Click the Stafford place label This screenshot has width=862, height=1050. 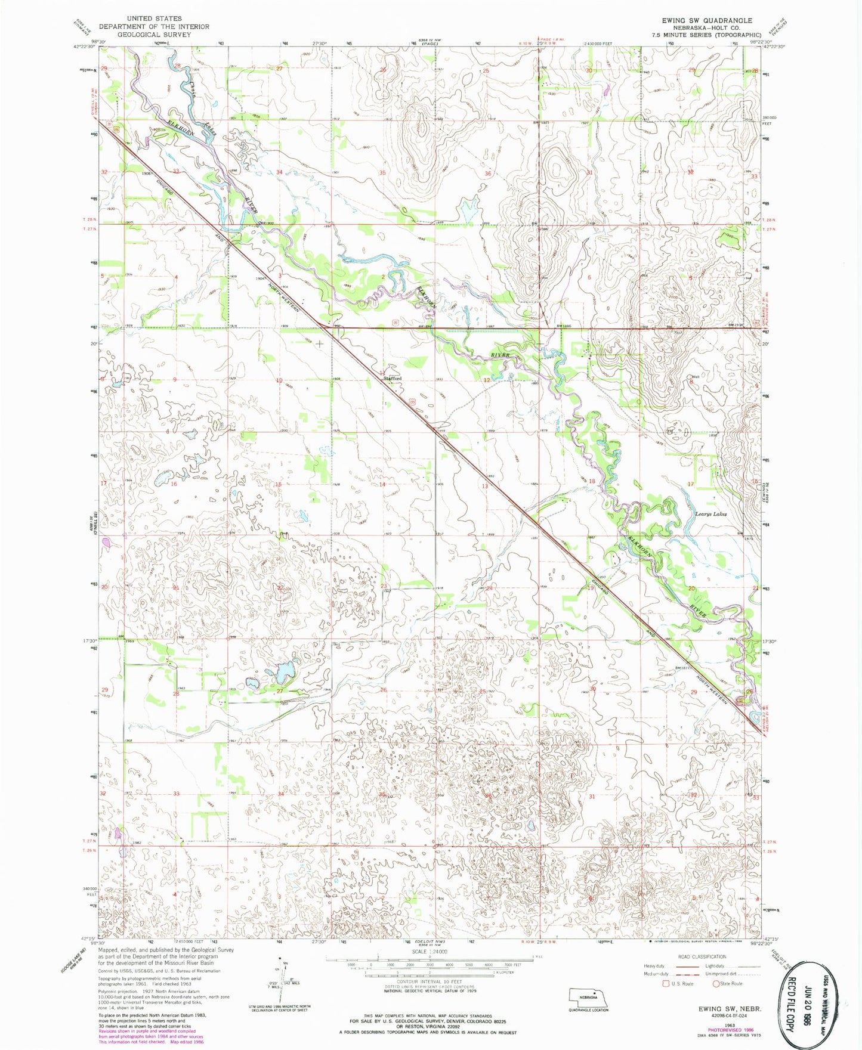393,379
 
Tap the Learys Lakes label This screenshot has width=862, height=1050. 710,513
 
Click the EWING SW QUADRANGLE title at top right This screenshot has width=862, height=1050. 706,20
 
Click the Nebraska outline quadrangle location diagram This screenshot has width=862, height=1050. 588,996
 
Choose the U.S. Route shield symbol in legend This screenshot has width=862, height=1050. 666,984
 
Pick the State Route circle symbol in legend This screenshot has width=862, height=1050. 716,984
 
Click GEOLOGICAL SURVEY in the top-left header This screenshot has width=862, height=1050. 154,35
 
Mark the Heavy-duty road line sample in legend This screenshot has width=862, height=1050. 676,966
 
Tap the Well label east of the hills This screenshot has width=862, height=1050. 695,377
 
